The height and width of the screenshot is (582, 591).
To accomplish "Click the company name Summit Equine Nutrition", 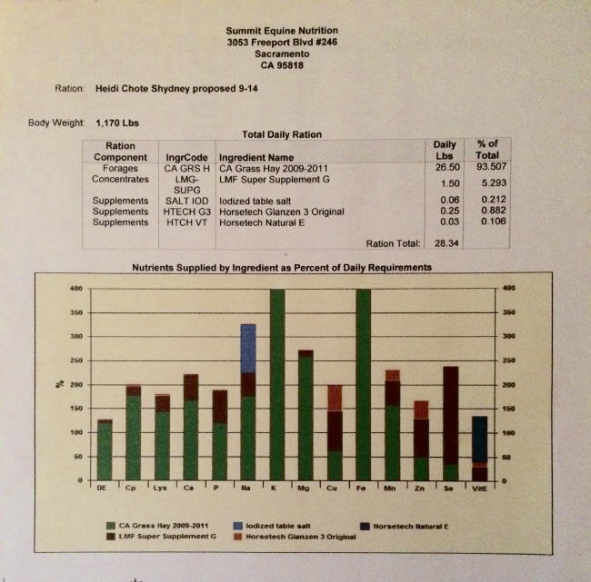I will [281, 30].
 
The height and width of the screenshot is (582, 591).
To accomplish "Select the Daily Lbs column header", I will [445, 151].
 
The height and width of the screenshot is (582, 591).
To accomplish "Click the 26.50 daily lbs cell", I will [445, 167].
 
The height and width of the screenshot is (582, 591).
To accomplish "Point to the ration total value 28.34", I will [445, 243].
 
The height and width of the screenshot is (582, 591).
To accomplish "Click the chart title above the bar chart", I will [282, 268].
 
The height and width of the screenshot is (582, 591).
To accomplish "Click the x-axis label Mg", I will [305, 488].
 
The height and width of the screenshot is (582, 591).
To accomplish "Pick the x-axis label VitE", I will [479, 488].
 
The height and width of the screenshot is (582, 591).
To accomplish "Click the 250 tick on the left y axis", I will [77, 360].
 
